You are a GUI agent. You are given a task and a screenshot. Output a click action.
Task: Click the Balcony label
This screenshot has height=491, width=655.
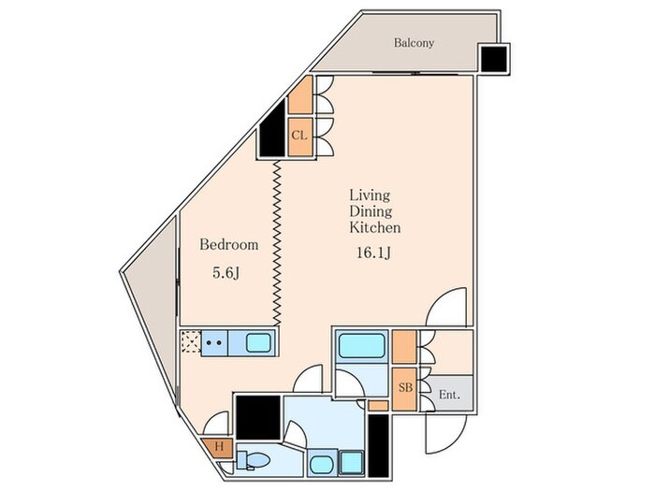414,43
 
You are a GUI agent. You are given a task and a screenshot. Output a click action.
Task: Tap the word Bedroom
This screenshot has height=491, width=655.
229,245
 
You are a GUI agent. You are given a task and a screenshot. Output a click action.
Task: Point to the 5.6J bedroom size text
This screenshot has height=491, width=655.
226,273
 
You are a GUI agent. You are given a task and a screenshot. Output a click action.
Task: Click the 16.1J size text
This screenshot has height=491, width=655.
373,253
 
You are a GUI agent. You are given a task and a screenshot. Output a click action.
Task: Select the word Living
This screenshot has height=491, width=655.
370,195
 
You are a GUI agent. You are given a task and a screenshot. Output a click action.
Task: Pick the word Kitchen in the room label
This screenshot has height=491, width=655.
374,227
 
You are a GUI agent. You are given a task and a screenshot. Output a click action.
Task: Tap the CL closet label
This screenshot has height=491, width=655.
299,136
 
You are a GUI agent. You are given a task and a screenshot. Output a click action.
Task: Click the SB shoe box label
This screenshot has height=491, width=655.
405,388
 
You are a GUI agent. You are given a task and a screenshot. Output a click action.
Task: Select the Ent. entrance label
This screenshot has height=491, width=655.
449,395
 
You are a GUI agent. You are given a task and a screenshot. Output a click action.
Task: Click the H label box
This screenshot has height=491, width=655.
219,447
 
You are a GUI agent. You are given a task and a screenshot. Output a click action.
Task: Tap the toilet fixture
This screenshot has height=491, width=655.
253,460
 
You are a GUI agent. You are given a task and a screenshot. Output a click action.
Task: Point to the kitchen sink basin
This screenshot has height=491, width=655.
258,343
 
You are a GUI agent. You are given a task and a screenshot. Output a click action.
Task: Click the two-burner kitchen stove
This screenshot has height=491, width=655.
214,343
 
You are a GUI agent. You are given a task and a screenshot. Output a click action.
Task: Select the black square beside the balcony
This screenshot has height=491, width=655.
494,58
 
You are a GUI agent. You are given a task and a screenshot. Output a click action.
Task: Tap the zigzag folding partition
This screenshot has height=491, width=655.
277,243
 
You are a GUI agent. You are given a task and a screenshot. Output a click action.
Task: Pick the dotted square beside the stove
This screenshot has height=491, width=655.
191,342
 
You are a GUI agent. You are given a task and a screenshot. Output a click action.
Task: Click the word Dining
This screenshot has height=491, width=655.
371,211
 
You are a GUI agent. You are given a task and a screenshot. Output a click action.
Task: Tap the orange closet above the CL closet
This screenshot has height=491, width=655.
300,94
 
